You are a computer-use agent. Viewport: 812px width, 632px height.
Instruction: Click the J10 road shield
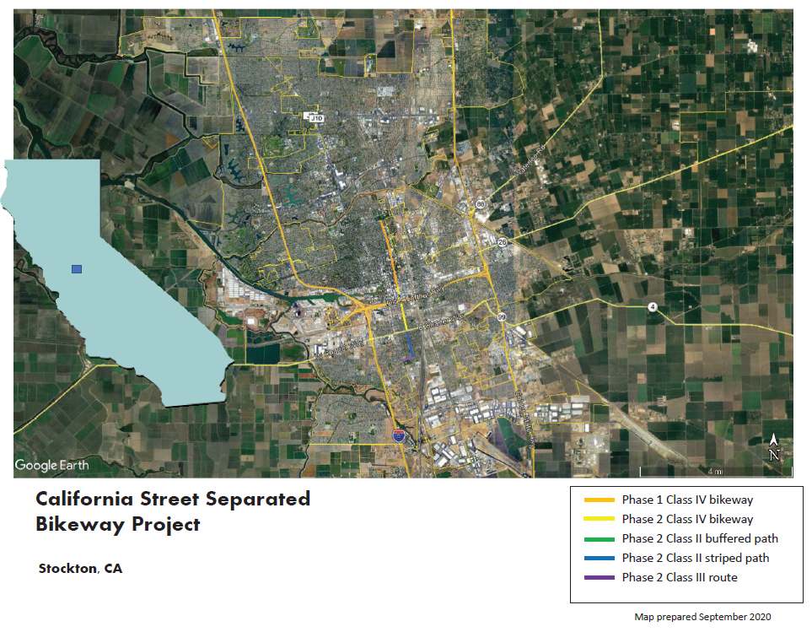click(x=315, y=118)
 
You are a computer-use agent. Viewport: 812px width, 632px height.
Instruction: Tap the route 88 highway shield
click(x=480, y=205)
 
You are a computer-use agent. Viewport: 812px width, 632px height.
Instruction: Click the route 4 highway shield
click(x=652, y=306)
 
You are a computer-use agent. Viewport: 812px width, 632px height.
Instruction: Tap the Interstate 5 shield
click(x=398, y=435)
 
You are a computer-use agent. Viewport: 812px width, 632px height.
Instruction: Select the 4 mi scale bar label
click(x=715, y=471)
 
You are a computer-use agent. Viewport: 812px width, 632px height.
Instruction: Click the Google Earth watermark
click(x=51, y=465)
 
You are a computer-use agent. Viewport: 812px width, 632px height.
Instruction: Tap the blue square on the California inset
click(x=77, y=269)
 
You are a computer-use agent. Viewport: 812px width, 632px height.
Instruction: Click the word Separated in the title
click(x=257, y=499)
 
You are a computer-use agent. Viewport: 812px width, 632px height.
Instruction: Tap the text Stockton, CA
click(x=80, y=569)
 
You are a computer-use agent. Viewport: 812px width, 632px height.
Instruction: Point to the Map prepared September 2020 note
click(x=702, y=617)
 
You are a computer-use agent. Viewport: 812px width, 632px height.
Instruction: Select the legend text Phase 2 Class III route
click(x=680, y=577)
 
